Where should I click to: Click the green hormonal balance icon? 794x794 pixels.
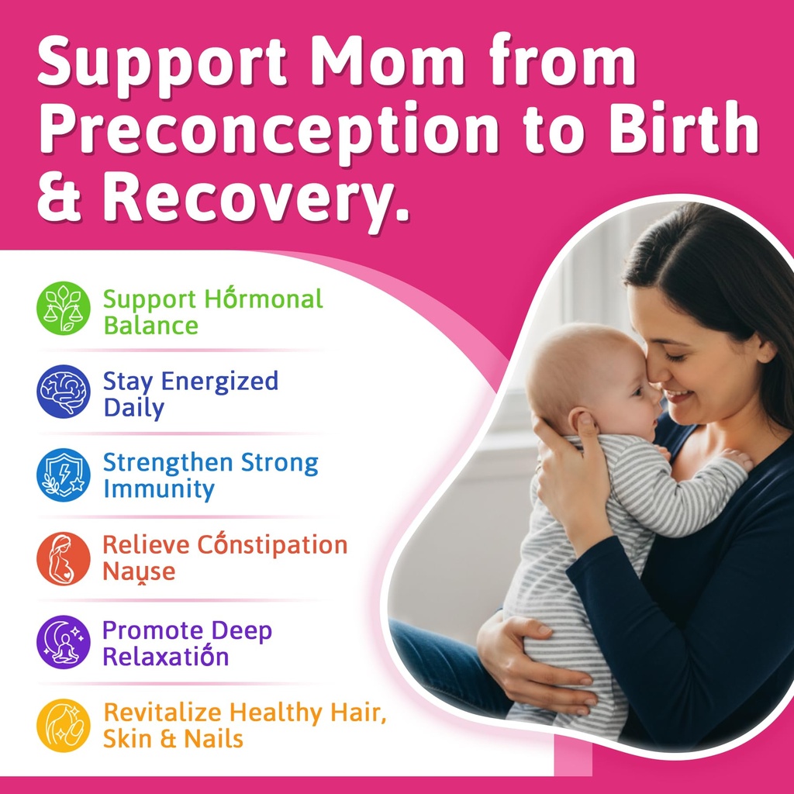click(x=64, y=308)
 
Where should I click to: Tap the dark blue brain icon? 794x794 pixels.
click(x=64, y=392)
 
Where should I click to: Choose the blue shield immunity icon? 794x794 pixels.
click(x=64, y=475)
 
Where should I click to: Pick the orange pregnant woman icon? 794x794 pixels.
click(x=64, y=558)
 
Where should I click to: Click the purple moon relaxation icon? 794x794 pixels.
click(x=64, y=642)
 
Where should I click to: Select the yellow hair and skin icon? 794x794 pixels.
click(x=64, y=726)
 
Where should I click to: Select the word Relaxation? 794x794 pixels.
click(x=165, y=657)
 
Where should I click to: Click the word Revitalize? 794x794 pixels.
click(x=163, y=713)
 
